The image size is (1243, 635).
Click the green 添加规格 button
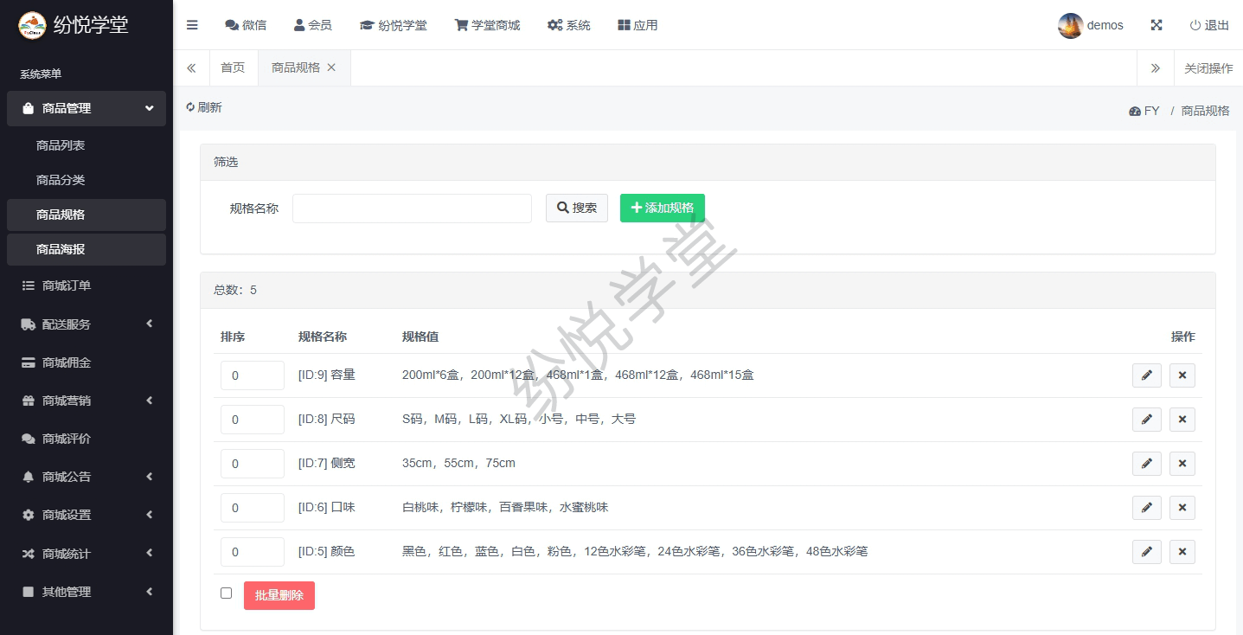(662, 208)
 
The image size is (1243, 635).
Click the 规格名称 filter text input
(412, 208)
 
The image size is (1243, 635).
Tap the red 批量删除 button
(279, 595)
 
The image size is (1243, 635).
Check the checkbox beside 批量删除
(226, 593)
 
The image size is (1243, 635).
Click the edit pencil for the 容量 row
(1146, 375)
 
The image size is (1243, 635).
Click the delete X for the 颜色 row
(1182, 552)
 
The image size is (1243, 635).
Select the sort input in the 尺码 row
(252, 420)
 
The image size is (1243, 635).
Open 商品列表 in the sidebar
(61, 145)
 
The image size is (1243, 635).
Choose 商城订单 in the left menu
(67, 285)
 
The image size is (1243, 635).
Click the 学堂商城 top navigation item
(487, 26)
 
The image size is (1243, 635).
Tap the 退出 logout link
(1209, 26)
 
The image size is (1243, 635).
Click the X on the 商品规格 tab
(331, 67)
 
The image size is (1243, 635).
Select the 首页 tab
(233, 67)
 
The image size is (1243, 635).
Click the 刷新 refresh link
(203, 107)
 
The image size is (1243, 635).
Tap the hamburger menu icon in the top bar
(192, 25)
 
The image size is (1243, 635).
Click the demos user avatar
(1070, 26)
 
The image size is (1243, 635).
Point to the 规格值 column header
(420, 337)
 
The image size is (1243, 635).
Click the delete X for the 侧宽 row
(1182, 464)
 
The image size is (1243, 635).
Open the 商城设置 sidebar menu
(67, 515)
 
